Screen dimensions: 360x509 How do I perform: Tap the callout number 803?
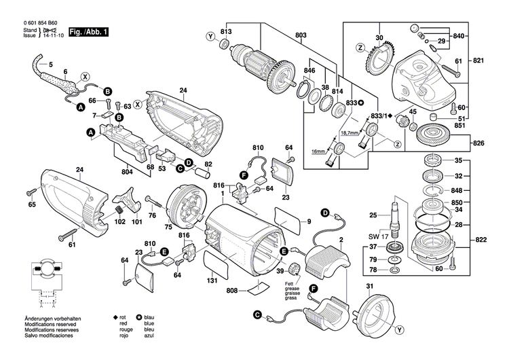tap(301, 35)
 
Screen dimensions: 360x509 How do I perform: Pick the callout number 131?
tap(212, 281)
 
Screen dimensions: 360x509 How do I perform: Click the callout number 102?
tap(119, 221)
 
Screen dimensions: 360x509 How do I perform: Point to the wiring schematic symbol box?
tap(45, 279)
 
